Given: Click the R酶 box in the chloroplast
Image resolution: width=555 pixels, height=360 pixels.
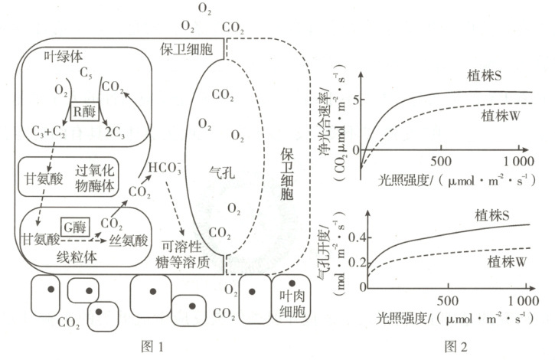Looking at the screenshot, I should pos(86,110).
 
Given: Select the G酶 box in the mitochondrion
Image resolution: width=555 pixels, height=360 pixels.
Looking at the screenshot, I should pos(74,226).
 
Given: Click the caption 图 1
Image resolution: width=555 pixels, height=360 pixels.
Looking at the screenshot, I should pos(155,345).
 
